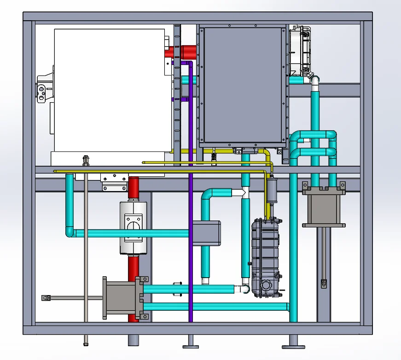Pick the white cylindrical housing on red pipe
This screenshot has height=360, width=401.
(x=133, y=227)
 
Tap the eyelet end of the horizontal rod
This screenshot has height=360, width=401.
(x=45, y=298)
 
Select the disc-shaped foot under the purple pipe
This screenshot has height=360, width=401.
(x=190, y=346)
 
